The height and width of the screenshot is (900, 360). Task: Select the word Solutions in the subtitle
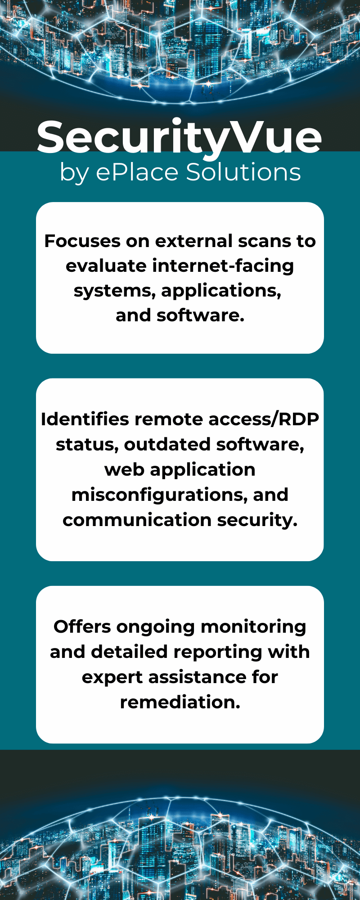pos(243,172)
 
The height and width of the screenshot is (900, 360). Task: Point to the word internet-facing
pos(223,266)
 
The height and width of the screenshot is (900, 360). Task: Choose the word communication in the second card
pos(137,520)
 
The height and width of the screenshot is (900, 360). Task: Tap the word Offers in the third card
pos(82,627)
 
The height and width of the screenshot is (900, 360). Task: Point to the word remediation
pos(180,702)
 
